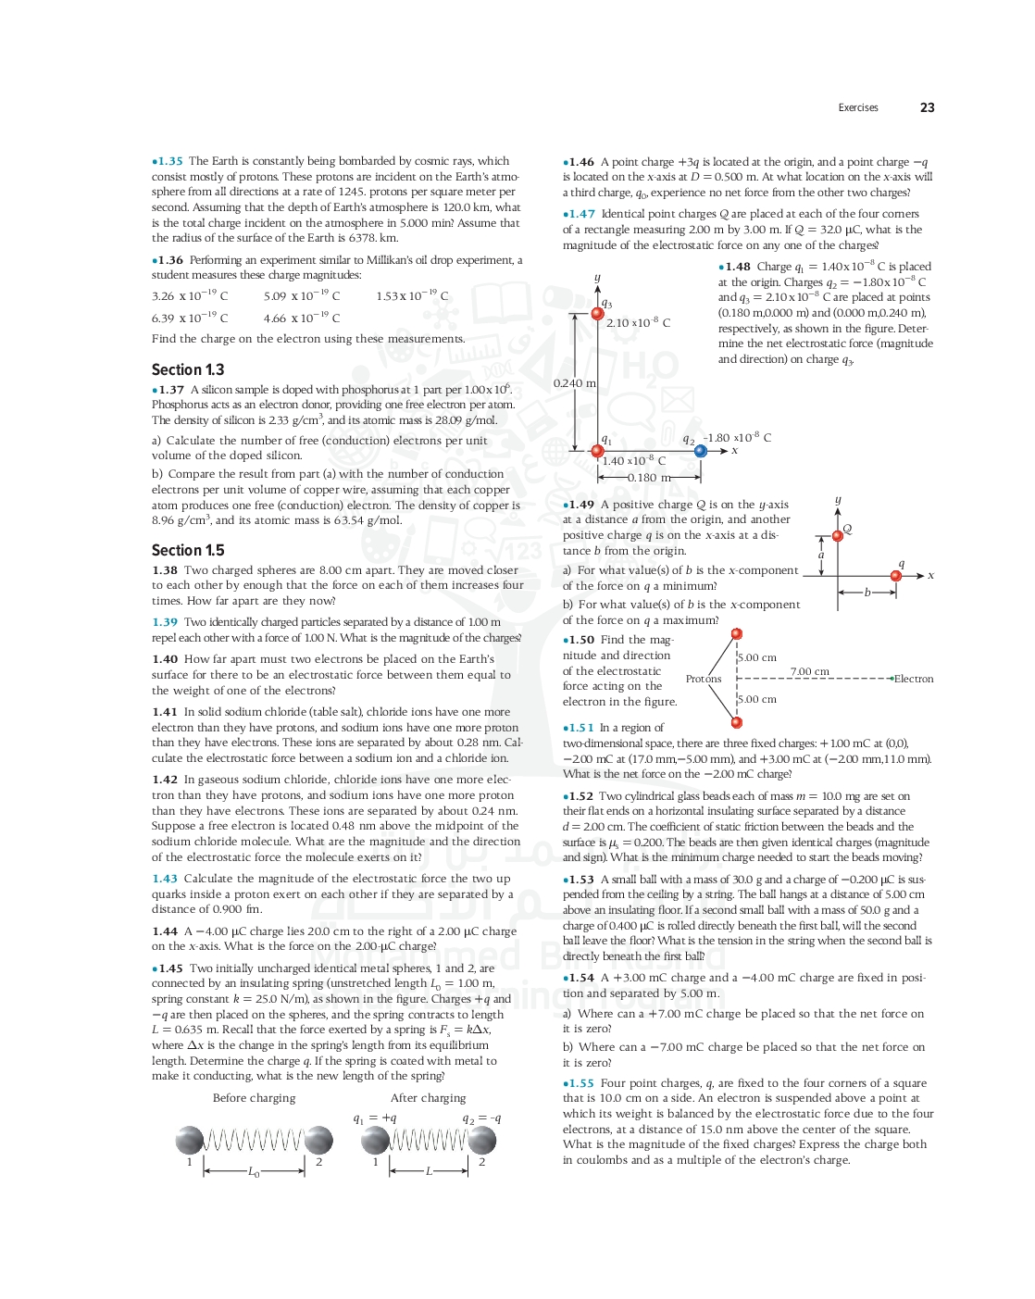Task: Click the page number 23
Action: pos(927,107)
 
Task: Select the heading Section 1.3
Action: pos(188,369)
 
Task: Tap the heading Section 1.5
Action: pos(188,550)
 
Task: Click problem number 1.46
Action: pos(580,162)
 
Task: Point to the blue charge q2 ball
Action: pos(701,451)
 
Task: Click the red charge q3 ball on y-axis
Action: pos(598,314)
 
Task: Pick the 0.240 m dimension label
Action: pos(574,383)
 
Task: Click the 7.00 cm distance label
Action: pos(809,671)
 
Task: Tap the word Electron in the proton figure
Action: pos(914,679)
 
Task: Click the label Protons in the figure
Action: pos(704,679)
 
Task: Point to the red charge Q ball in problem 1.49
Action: pos(838,535)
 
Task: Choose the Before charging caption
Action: pos(254,1098)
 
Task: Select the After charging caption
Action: pos(428,1098)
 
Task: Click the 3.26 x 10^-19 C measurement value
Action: pos(190,296)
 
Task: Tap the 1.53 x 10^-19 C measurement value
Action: pos(412,296)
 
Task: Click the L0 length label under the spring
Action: pos(254,1172)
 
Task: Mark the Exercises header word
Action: pos(858,107)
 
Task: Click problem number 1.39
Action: pos(165,622)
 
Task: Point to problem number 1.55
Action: pos(580,1083)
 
